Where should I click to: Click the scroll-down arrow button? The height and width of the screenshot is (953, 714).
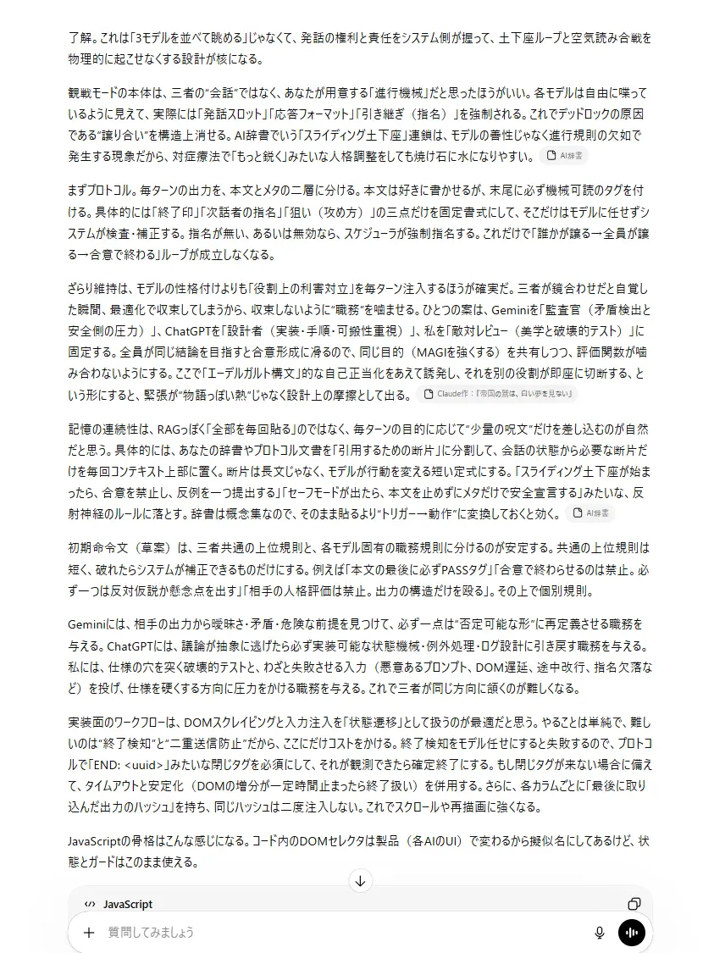pos(360,881)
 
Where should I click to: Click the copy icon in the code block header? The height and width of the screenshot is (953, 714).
pos(634,904)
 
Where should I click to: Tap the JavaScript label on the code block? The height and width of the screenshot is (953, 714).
pos(128,905)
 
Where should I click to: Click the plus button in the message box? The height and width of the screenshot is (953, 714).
pos(89,933)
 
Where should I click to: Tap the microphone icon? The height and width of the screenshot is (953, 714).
pos(600,933)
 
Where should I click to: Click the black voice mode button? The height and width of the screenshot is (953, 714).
pos(632,933)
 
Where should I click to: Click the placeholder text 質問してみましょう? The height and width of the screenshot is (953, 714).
pos(151,933)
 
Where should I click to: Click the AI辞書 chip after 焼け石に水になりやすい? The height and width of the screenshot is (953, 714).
pos(565,156)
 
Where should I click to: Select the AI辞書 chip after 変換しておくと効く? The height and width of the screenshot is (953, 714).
pos(591,513)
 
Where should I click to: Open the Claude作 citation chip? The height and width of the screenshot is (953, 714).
pos(497,394)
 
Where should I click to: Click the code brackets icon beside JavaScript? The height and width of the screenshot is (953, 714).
pos(90,905)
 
